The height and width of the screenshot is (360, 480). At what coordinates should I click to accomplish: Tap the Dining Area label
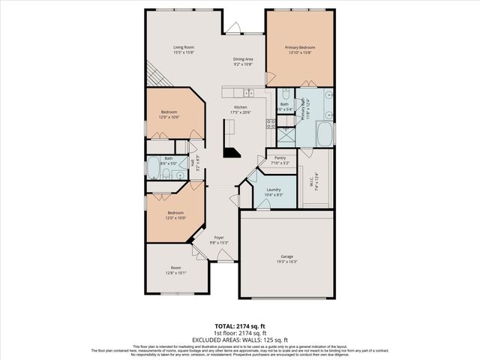[x=241, y=59]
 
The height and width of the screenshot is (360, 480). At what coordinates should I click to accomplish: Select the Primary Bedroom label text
[x=299, y=46]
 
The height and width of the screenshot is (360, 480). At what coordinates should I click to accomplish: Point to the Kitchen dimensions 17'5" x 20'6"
[x=241, y=112]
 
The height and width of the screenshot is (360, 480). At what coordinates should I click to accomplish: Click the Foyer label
[x=219, y=238]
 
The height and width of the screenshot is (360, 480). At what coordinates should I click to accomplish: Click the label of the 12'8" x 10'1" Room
[x=175, y=268]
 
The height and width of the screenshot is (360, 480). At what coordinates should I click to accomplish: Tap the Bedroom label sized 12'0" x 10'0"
[x=175, y=213]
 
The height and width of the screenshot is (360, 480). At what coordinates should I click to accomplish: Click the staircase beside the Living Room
[x=154, y=75]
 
